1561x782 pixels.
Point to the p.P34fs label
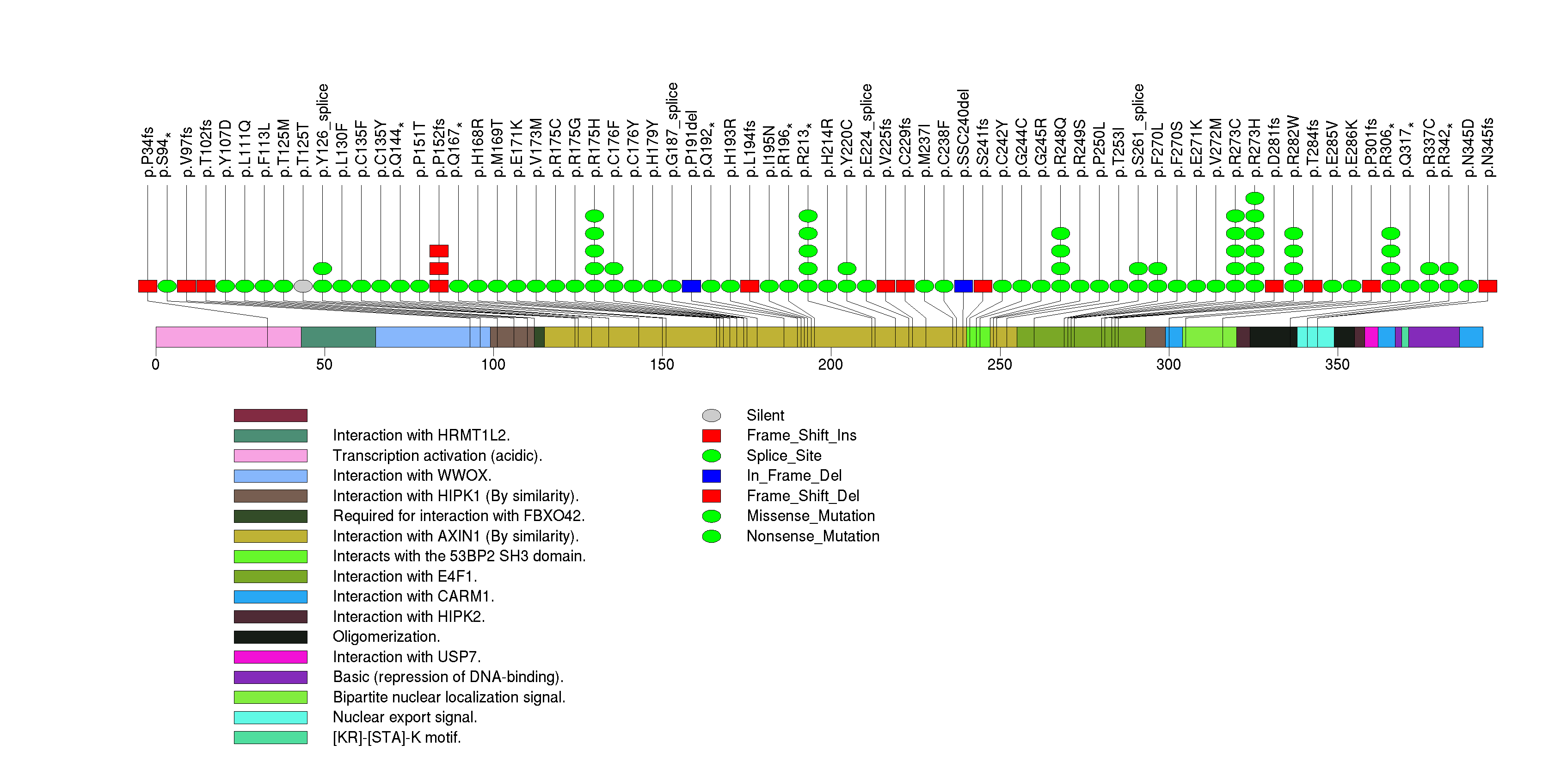[147, 152]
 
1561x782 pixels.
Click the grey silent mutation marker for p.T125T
[303, 286]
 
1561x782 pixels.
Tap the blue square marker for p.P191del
[691, 286]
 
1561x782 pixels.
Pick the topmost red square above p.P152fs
[439, 251]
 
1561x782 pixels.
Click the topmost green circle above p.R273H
[1254, 198]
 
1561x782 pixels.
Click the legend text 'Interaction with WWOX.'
[412, 476]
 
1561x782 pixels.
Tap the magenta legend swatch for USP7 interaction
[270, 657]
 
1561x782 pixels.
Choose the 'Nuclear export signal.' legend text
[405, 717]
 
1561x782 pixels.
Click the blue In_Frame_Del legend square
[712, 476]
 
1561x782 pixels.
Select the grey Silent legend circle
[712, 415]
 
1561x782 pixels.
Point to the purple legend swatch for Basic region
[270, 677]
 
